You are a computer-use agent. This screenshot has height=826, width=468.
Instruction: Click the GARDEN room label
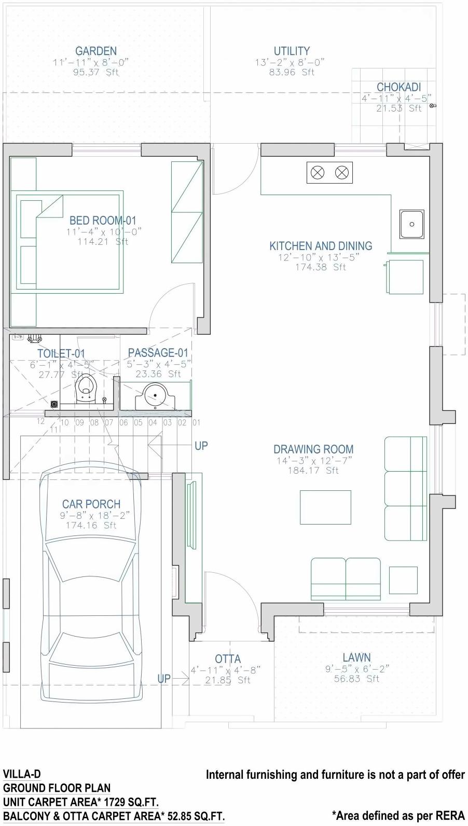click(96, 51)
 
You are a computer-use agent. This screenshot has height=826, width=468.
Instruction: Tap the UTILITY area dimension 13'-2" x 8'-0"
click(290, 62)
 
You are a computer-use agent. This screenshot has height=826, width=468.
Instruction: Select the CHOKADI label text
click(398, 87)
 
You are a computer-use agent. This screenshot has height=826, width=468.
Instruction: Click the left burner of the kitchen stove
click(318, 172)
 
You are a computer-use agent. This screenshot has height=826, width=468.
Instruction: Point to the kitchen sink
click(411, 224)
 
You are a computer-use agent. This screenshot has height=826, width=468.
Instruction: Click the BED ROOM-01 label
click(103, 221)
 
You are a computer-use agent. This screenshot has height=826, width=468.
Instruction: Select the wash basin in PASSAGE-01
click(155, 397)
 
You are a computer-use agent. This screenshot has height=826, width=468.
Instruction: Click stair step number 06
click(123, 422)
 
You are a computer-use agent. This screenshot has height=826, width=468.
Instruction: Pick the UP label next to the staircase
click(201, 446)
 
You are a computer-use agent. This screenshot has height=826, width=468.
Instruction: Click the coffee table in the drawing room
click(325, 507)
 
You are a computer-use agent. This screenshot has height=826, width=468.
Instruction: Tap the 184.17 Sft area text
click(313, 471)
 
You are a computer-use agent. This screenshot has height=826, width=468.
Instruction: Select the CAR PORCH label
click(91, 504)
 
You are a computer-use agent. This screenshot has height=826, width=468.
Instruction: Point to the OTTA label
click(228, 659)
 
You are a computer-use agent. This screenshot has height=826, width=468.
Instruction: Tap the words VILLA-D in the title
click(22, 775)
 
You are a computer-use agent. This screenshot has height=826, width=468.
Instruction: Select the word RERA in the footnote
click(450, 816)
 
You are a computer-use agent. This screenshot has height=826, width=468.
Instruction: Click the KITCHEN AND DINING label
click(321, 246)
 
